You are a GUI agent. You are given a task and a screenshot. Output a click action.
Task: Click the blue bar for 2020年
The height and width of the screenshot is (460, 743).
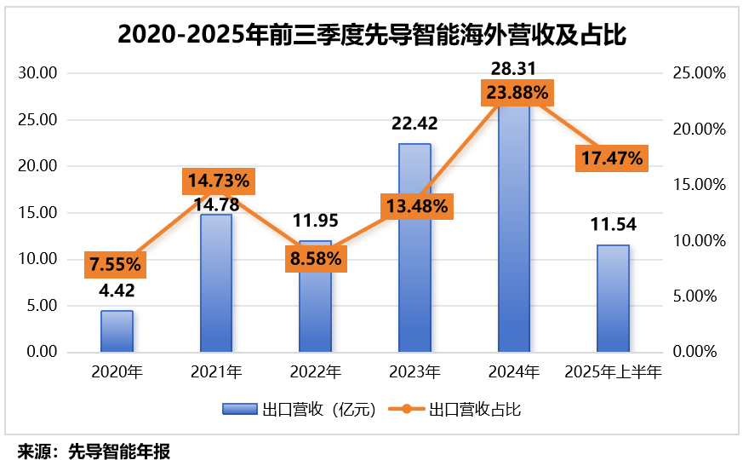(x=117, y=331)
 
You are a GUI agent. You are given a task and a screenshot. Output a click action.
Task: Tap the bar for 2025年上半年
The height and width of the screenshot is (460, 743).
(x=613, y=298)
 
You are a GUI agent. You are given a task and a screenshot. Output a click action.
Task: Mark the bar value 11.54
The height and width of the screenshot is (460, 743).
(x=613, y=226)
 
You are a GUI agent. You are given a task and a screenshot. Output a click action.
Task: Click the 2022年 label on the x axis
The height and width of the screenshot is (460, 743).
(x=316, y=372)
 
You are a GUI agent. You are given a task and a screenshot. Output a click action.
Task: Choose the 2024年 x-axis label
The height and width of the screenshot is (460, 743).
(x=513, y=372)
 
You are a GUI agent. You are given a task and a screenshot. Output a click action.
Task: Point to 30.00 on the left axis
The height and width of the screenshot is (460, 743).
(x=37, y=73)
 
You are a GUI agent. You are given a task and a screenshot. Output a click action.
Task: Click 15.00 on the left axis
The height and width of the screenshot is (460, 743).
(x=37, y=213)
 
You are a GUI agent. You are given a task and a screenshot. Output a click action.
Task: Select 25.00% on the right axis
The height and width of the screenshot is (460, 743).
(x=699, y=73)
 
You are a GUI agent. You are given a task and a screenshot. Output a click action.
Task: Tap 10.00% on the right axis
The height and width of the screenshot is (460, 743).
(x=699, y=241)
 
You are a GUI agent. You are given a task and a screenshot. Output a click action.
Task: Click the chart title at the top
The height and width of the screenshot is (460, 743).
(x=371, y=34)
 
